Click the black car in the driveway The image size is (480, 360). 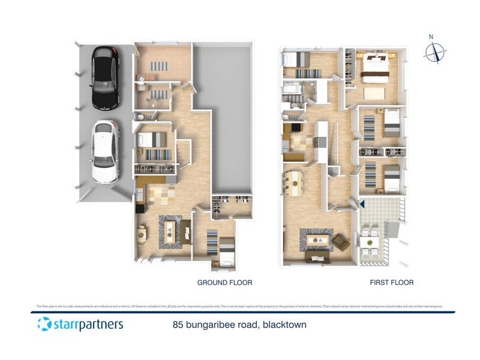tap(106, 78)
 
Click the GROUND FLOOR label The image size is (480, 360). tap(224, 282)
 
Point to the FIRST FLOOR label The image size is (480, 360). tap(392, 282)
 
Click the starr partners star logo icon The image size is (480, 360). tap(44, 324)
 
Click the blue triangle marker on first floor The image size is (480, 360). tap(362, 205)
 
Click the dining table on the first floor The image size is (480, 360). tap(295, 183)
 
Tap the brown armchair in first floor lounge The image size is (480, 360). tap(341, 242)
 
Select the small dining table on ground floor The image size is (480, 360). tap(142, 233)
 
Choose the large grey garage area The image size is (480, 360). tap(222, 114)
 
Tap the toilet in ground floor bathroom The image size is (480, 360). tap(141, 79)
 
